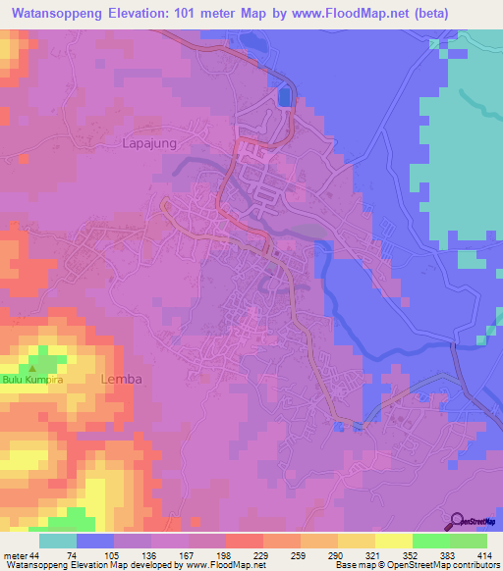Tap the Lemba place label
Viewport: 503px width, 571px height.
122,379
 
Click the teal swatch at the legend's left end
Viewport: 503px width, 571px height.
58,541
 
